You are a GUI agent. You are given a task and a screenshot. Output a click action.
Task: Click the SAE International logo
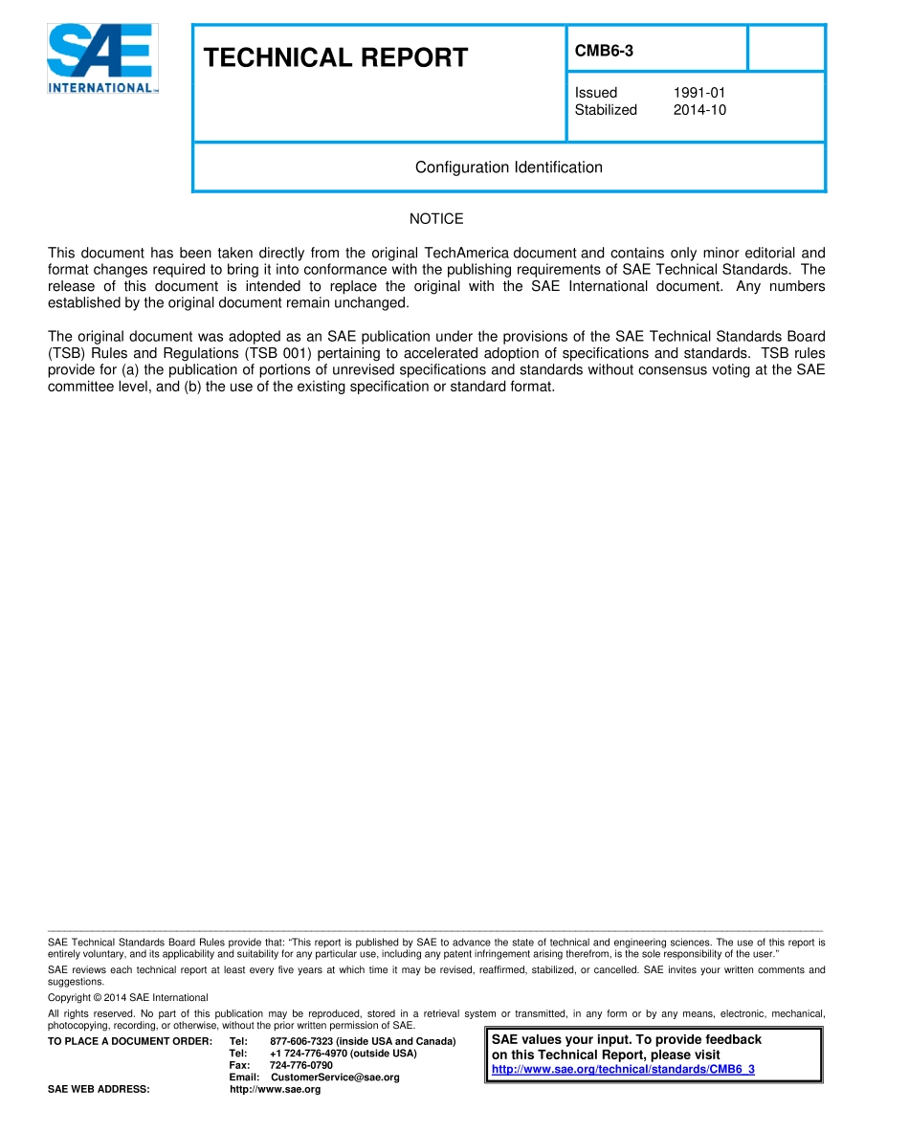point(102,59)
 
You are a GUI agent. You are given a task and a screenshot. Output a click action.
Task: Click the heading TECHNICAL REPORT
point(336,58)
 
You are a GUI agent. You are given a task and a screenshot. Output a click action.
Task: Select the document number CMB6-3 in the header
point(604,52)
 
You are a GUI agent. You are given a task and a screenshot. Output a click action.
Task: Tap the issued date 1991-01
point(698,93)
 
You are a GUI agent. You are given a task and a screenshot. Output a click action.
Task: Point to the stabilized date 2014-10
point(699,110)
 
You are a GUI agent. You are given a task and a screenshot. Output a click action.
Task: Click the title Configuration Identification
point(508,167)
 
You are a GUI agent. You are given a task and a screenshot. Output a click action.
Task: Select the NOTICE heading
point(436,219)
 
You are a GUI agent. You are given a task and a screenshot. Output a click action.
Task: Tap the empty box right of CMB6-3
point(786,49)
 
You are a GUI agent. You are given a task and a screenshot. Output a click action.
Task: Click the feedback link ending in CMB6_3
point(623,1069)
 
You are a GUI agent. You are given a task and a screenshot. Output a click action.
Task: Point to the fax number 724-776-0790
point(301,1065)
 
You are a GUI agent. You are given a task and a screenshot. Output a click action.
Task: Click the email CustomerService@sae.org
point(335,1077)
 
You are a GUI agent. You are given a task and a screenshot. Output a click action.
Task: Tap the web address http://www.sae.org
point(276,1090)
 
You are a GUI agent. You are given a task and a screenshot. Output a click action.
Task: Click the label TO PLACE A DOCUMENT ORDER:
point(123,1041)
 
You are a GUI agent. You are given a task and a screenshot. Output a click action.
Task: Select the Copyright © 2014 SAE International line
point(127,997)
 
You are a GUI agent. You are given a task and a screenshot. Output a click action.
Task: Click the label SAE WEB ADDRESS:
point(99,1090)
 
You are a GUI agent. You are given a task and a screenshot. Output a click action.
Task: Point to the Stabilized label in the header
point(606,110)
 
